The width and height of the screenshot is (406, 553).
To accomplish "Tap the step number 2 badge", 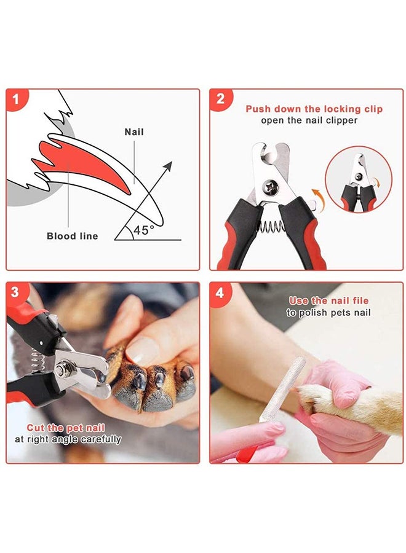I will pos(219,99).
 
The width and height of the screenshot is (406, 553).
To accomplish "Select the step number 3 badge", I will pos(16,292).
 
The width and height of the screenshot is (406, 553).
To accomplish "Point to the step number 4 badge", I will pos(219,292).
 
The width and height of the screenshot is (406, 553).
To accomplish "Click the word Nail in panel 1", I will pos(134,132).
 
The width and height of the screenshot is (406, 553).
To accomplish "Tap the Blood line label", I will pos(72,236).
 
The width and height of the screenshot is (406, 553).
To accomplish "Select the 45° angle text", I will pos(145,230).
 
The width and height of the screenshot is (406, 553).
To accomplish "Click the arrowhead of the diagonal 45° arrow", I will pos(168,166).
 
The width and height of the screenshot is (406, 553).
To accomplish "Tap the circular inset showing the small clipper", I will pos(358,181).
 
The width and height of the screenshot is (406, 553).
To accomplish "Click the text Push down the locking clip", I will pos(314,109).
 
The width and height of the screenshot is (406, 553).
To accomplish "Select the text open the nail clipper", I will pos(309,120).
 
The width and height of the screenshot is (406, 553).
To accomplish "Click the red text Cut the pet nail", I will pos(65,428).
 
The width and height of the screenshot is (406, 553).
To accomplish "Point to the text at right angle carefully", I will pos(68,439).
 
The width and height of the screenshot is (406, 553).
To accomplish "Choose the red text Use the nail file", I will pos(328,301).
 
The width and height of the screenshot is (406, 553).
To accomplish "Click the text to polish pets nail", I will pos(328,313).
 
